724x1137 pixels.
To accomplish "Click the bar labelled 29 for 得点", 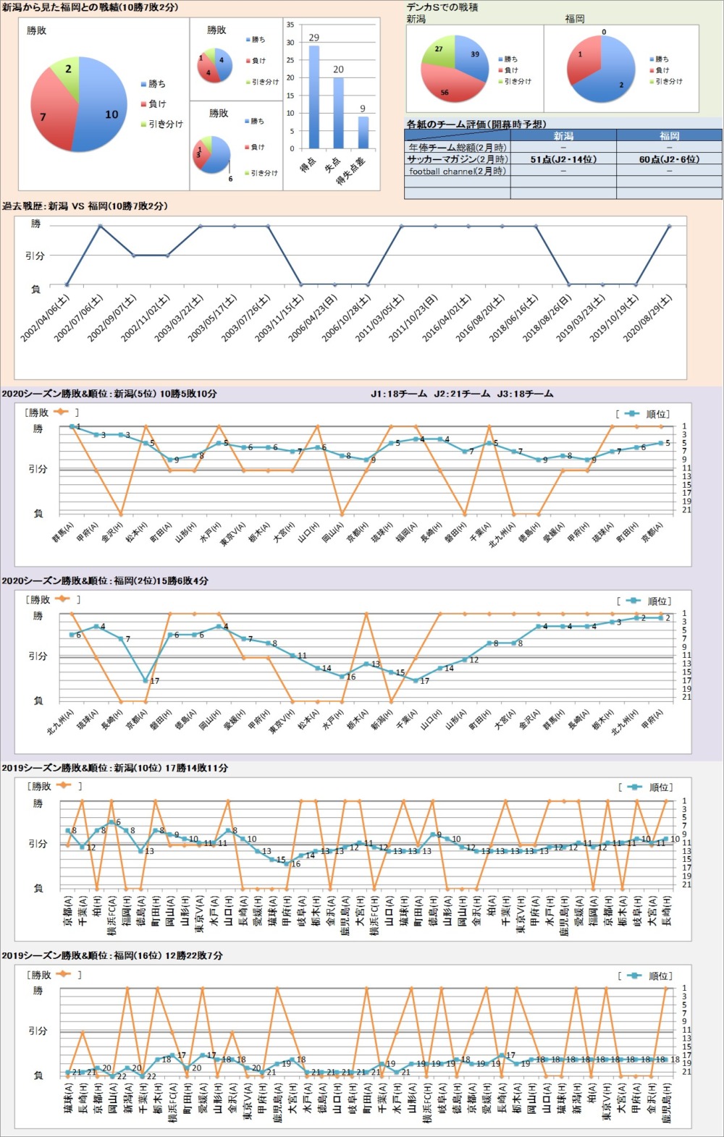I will pyautogui.click(x=314, y=97).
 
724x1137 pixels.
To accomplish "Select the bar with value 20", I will pyautogui.click(x=338, y=113).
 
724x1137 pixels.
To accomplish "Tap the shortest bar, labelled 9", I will pyautogui.click(x=363, y=132).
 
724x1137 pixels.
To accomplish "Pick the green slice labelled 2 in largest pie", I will pyautogui.click(x=66, y=73).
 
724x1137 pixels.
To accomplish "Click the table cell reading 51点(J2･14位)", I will pyautogui.click(x=563, y=159).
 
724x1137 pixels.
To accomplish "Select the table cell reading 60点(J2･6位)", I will pyautogui.click(x=669, y=159).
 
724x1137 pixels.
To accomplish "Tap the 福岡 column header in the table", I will pyautogui.click(x=669, y=135).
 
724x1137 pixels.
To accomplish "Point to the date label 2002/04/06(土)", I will pyautogui.click(x=45, y=318).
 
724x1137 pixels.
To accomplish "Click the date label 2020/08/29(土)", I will pyautogui.click(x=647, y=318).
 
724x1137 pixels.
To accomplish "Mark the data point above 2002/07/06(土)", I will pyautogui.click(x=100, y=226).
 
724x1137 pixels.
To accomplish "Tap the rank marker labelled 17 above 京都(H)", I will pyautogui.click(x=146, y=680).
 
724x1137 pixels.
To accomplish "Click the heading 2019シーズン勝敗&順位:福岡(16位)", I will pyautogui.click(x=111, y=956).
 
